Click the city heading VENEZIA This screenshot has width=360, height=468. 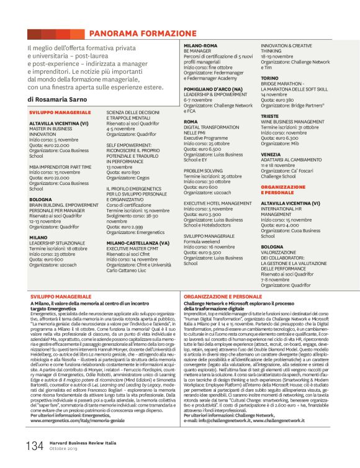pos(271,154)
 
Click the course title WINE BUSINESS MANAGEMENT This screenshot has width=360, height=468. pos(292,122)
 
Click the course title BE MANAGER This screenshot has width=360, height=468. pos(197,50)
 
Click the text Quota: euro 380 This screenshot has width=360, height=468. pos(281,99)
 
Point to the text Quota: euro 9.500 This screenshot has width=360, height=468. pos(204,253)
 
